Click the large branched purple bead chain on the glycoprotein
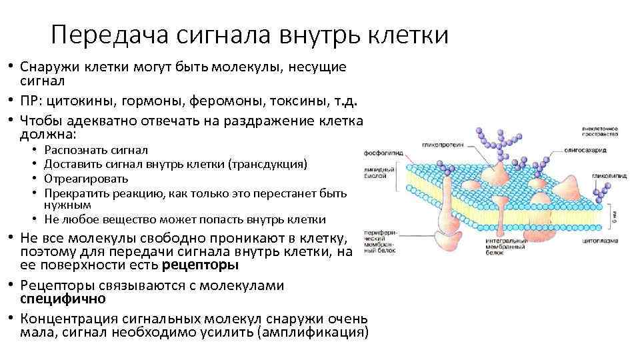(x=494, y=140)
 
